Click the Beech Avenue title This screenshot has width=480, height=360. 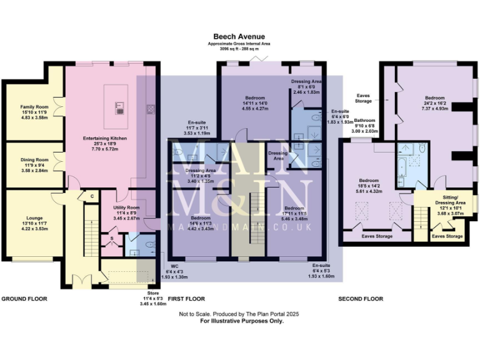[x=239, y=37]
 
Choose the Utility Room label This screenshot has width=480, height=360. [x=126, y=212]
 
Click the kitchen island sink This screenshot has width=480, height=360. [x=118, y=107]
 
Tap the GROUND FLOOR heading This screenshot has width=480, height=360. [x=24, y=299]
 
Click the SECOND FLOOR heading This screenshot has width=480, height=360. [x=361, y=299]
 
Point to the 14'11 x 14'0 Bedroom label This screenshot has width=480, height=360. [x=254, y=102]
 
